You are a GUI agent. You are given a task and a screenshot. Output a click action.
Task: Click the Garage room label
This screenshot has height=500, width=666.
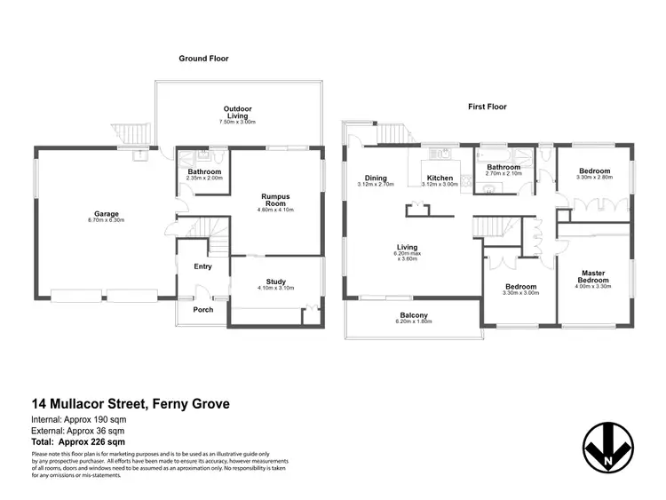(107, 213)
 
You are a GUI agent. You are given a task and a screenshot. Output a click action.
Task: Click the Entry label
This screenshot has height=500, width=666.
(202, 265)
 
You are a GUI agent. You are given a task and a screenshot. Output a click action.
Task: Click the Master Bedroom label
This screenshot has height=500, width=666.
(594, 276)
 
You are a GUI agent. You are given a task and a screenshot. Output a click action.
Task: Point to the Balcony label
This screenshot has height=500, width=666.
(414, 315)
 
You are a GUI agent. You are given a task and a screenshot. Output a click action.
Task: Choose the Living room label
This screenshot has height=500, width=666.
(408, 248)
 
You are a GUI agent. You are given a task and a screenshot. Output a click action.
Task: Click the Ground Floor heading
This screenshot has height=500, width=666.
(203, 59)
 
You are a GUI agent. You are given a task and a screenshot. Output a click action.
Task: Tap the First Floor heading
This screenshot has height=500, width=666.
(487, 107)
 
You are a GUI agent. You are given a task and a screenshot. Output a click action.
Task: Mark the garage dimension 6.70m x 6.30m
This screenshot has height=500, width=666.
(107, 219)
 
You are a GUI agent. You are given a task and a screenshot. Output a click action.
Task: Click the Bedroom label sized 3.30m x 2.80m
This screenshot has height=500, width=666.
(594, 171)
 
